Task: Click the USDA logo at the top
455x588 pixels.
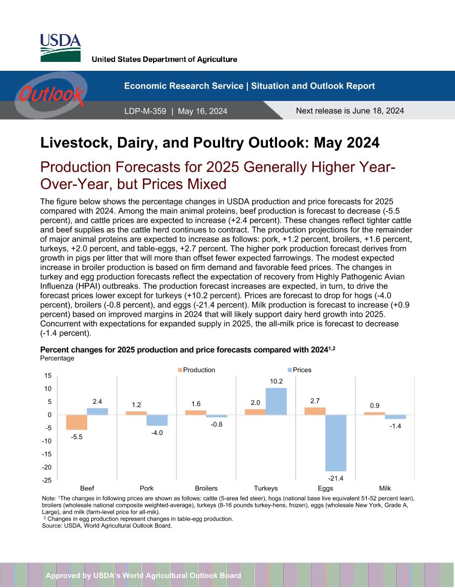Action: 60,48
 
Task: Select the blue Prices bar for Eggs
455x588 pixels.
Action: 336,443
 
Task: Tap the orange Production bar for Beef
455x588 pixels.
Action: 77,422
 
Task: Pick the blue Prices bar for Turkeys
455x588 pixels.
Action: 276,401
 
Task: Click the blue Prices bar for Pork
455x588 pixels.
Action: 157,420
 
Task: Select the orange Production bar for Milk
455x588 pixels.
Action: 375,413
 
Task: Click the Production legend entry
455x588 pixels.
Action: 196,370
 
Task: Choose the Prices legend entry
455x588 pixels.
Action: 299,370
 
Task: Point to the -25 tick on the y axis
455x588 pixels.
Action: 47,481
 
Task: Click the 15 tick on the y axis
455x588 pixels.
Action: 48,375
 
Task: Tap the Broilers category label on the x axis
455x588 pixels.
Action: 206,488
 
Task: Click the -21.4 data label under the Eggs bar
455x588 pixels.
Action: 336,478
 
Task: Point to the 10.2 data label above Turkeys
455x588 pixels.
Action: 276,381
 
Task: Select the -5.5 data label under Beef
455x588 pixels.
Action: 77,437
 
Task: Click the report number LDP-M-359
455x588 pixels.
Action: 145,111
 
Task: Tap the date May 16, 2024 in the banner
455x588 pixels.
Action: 202,111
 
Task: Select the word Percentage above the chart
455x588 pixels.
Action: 57,358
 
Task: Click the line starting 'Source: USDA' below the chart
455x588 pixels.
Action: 107,526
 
